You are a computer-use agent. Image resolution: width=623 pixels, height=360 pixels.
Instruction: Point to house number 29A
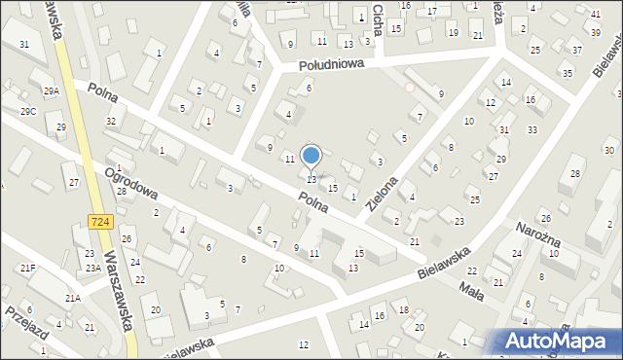click(51, 90)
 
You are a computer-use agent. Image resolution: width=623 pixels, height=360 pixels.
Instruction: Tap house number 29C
click(28, 112)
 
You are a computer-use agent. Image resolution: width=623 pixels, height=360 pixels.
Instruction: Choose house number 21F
click(27, 268)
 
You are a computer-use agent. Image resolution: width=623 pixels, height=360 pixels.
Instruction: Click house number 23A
click(92, 268)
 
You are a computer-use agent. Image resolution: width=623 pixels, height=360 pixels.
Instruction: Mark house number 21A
click(72, 299)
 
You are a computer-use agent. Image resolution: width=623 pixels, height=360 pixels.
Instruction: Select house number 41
click(595, 14)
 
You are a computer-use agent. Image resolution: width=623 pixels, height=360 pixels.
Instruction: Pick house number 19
click(453, 32)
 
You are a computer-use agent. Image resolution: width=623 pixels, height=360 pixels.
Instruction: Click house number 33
click(531, 129)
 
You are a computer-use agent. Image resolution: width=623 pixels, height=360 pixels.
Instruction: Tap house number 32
click(111, 121)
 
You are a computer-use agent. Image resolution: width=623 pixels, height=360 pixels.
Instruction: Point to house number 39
click(595, 32)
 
